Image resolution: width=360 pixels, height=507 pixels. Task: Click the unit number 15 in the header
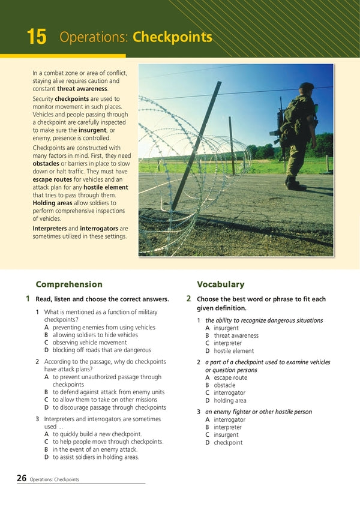point(36,37)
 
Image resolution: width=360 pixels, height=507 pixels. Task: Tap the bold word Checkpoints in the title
point(172,37)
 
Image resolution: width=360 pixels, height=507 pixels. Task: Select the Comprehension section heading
point(69,284)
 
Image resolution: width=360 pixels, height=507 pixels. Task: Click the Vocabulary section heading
point(220,284)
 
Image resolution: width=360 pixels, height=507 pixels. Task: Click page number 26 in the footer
point(22,478)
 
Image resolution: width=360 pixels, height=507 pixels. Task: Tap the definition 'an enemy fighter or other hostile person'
point(259,412)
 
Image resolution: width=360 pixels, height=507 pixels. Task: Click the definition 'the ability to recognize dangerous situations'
point(264,320)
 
